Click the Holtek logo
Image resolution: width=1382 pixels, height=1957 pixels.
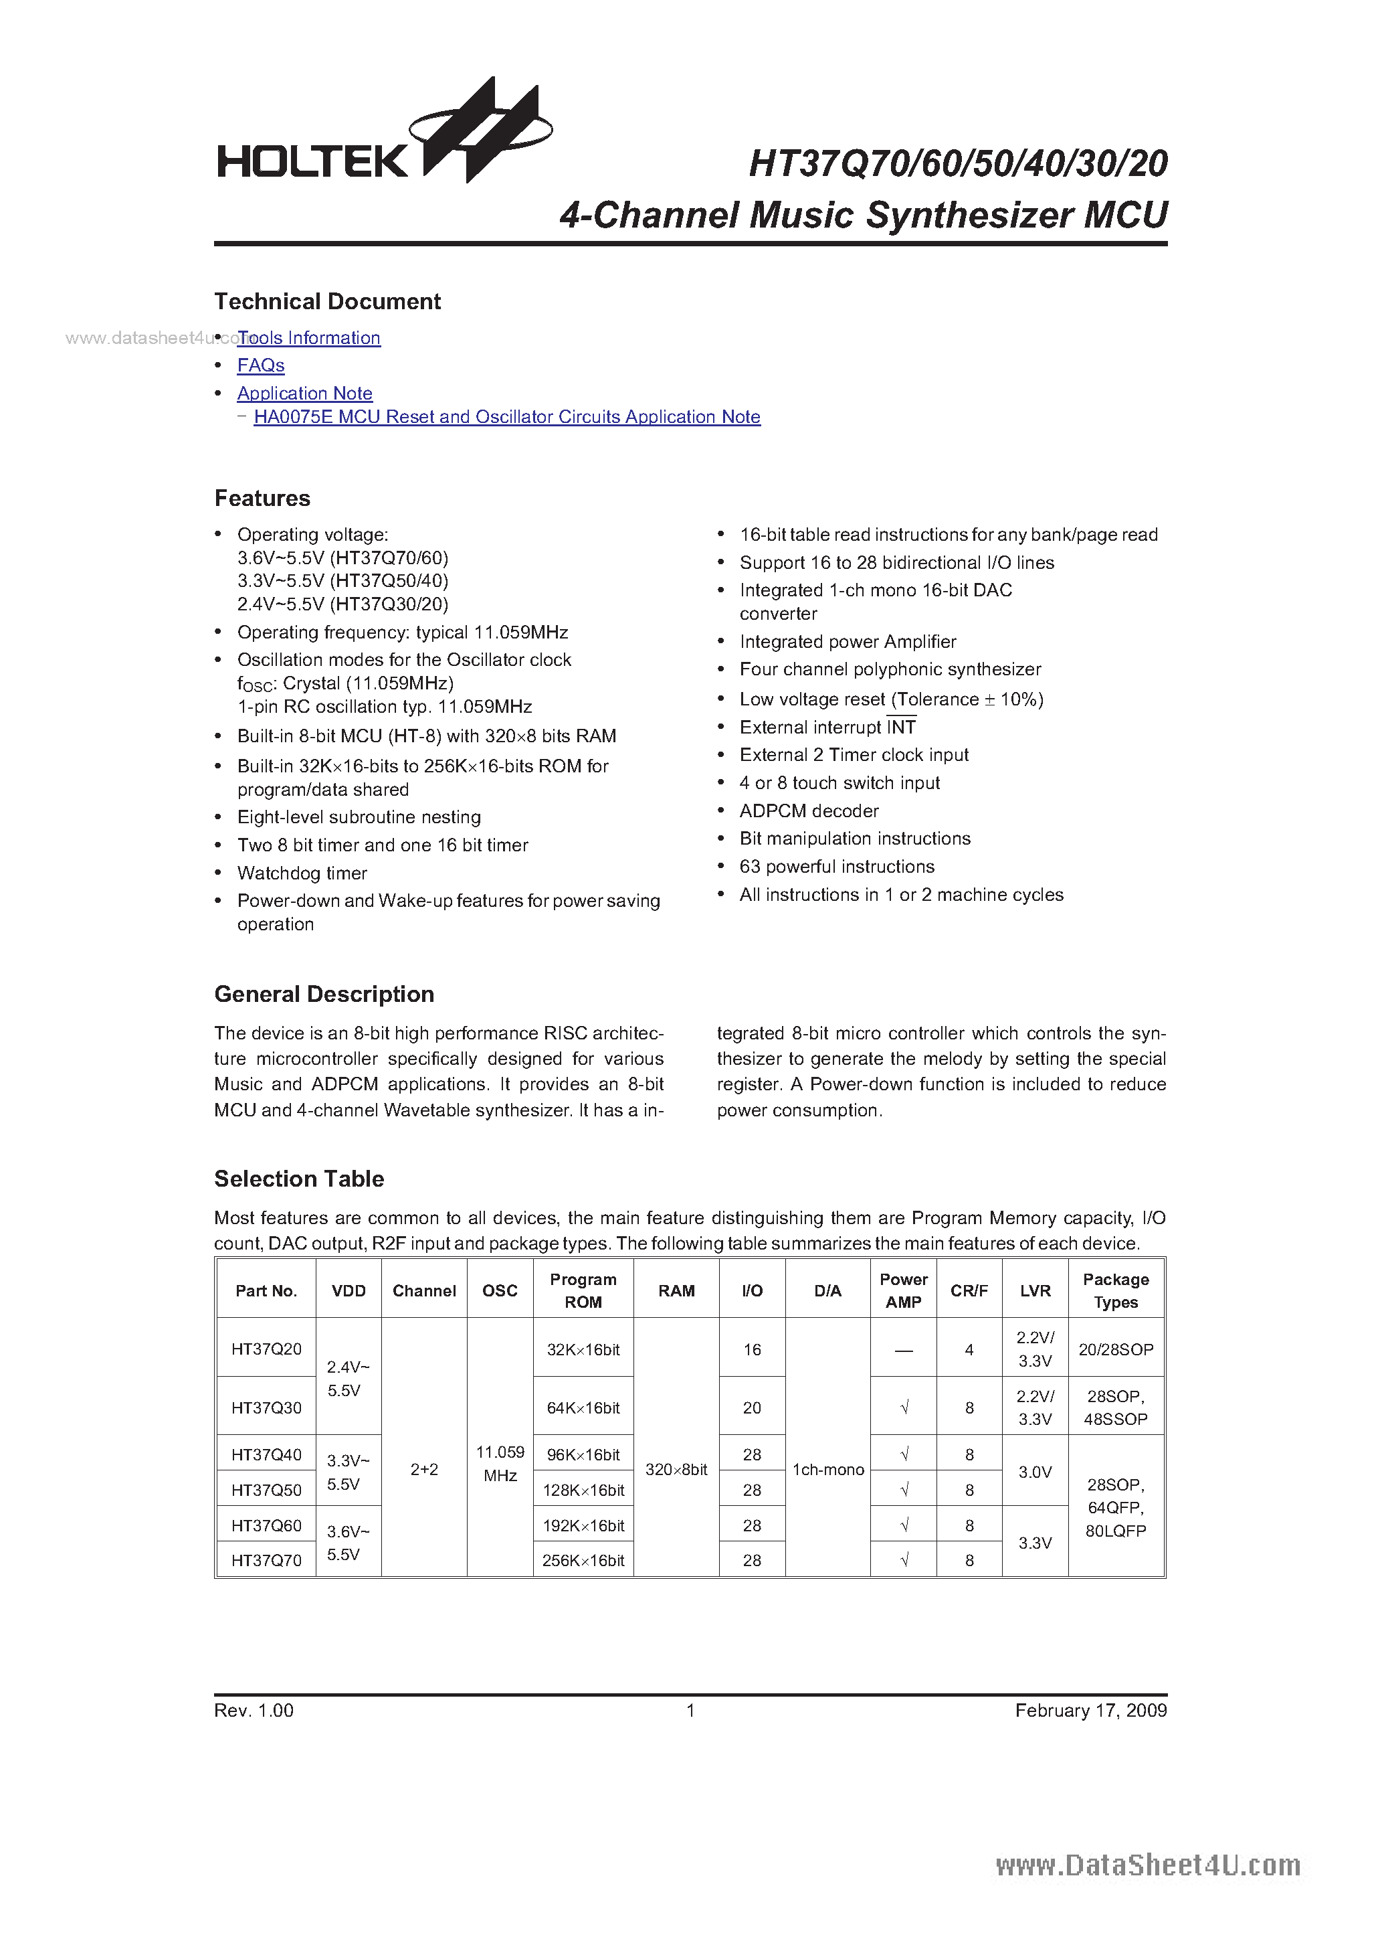383,137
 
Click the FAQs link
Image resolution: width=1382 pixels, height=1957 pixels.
261,365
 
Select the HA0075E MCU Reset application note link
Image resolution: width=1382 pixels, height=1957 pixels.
507,417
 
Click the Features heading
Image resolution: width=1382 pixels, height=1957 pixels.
262,499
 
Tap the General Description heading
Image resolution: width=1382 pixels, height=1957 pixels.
324,994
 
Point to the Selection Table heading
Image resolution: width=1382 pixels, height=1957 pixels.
299,1179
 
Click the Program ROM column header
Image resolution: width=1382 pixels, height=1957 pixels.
583,1290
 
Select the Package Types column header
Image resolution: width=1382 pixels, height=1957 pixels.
1115,1290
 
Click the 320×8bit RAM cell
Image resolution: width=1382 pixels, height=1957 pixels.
676,1470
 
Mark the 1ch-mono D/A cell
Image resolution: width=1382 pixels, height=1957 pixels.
828,1470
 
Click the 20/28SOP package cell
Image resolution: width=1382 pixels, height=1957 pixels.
1115,1349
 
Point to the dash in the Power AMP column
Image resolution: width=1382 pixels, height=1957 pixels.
903,1350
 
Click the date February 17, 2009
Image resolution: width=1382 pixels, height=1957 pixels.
1090,1710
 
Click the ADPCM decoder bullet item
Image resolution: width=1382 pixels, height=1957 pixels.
809,811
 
